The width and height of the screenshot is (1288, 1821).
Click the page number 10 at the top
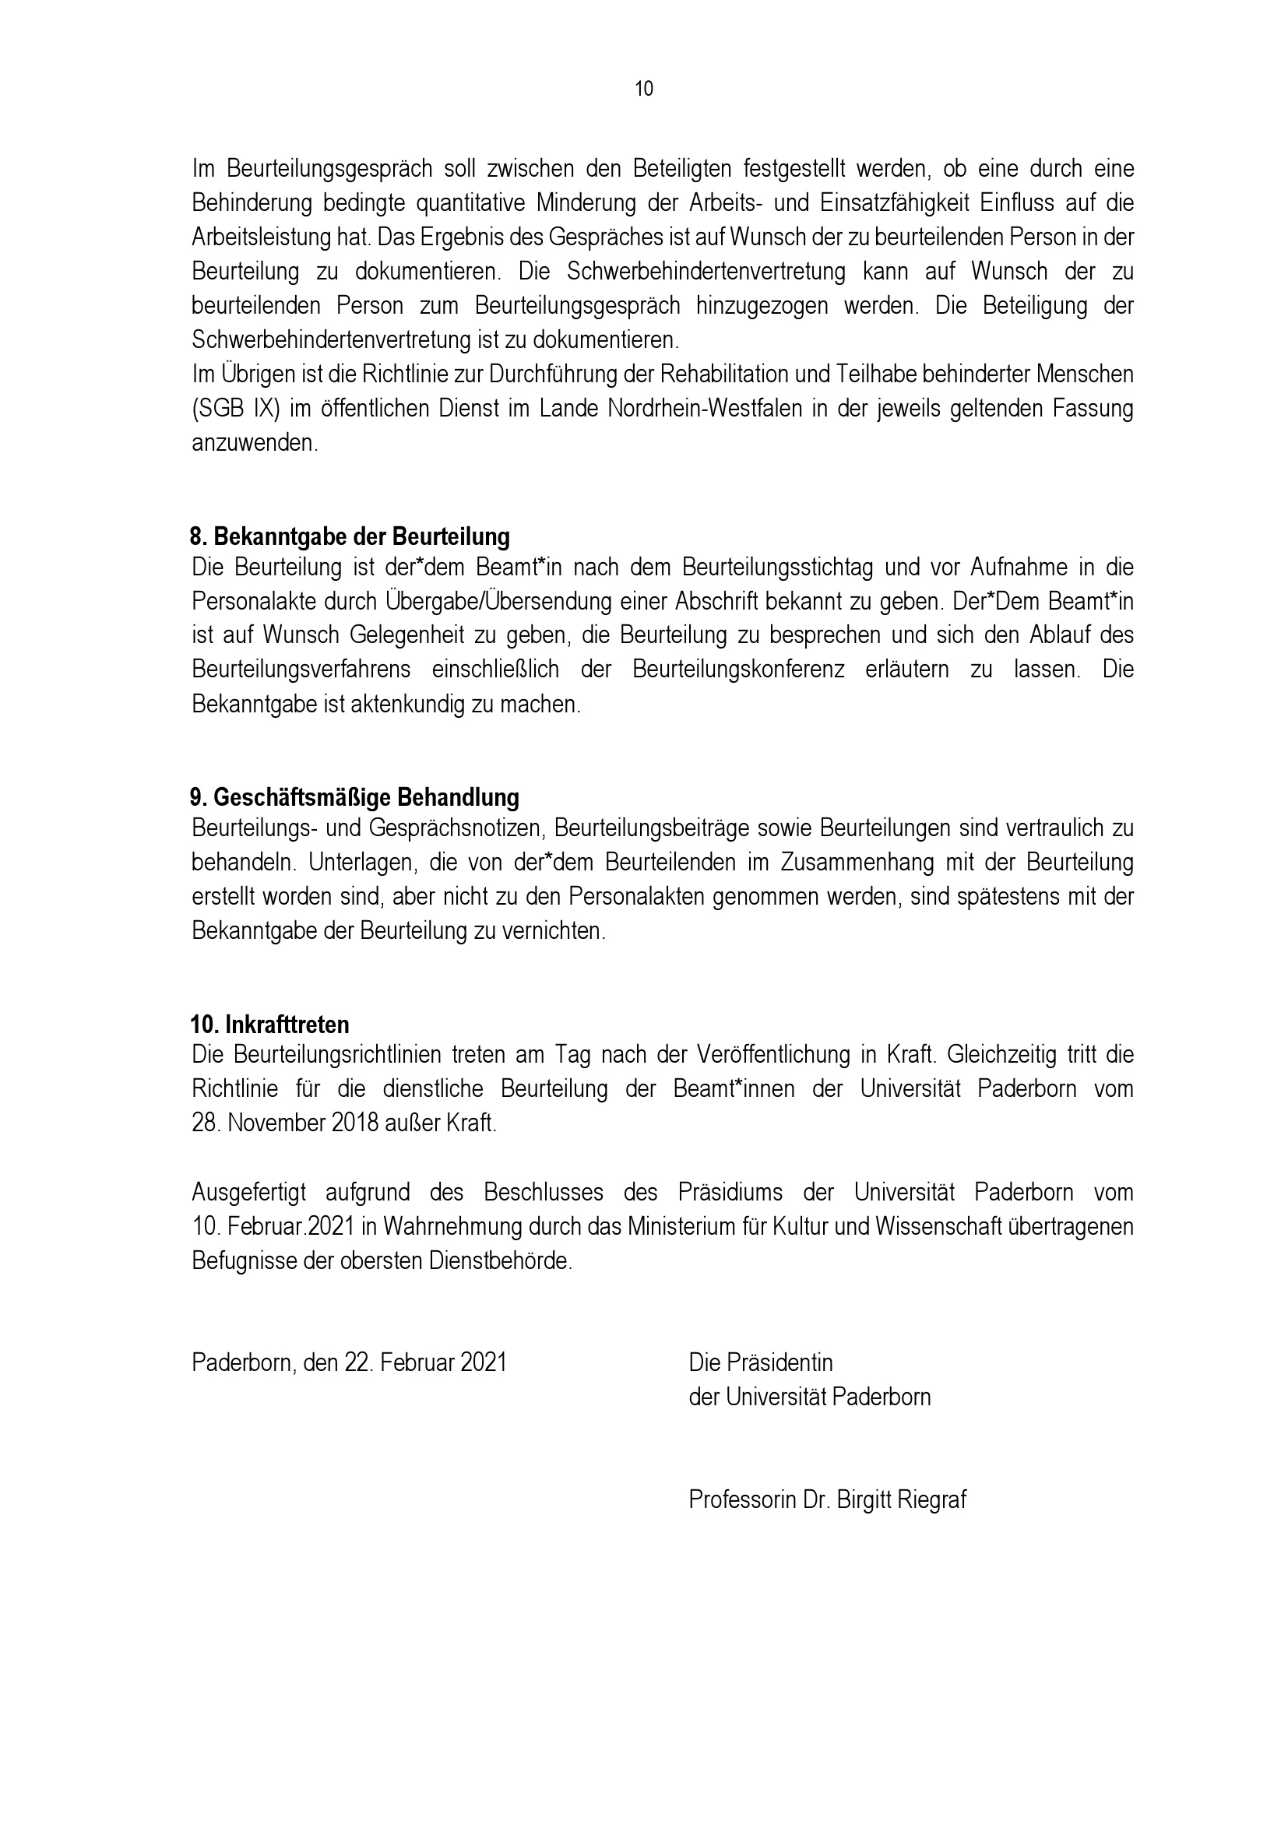[x=644, y=89]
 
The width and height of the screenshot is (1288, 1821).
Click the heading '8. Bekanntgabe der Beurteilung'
[x=350, y=537]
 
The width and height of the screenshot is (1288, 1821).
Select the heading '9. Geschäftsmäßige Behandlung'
[x=354, y=796]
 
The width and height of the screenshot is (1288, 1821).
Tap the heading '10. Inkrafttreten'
[x=269, y=1024]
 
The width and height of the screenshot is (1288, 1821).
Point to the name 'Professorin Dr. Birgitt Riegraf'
[x=827, y=1499]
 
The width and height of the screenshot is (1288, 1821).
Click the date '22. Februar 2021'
[x=426, y=1362]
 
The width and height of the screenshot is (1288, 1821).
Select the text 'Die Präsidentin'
[x=761, y=1362]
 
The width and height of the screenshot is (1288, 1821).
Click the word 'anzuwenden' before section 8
[x=254, y=442]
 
